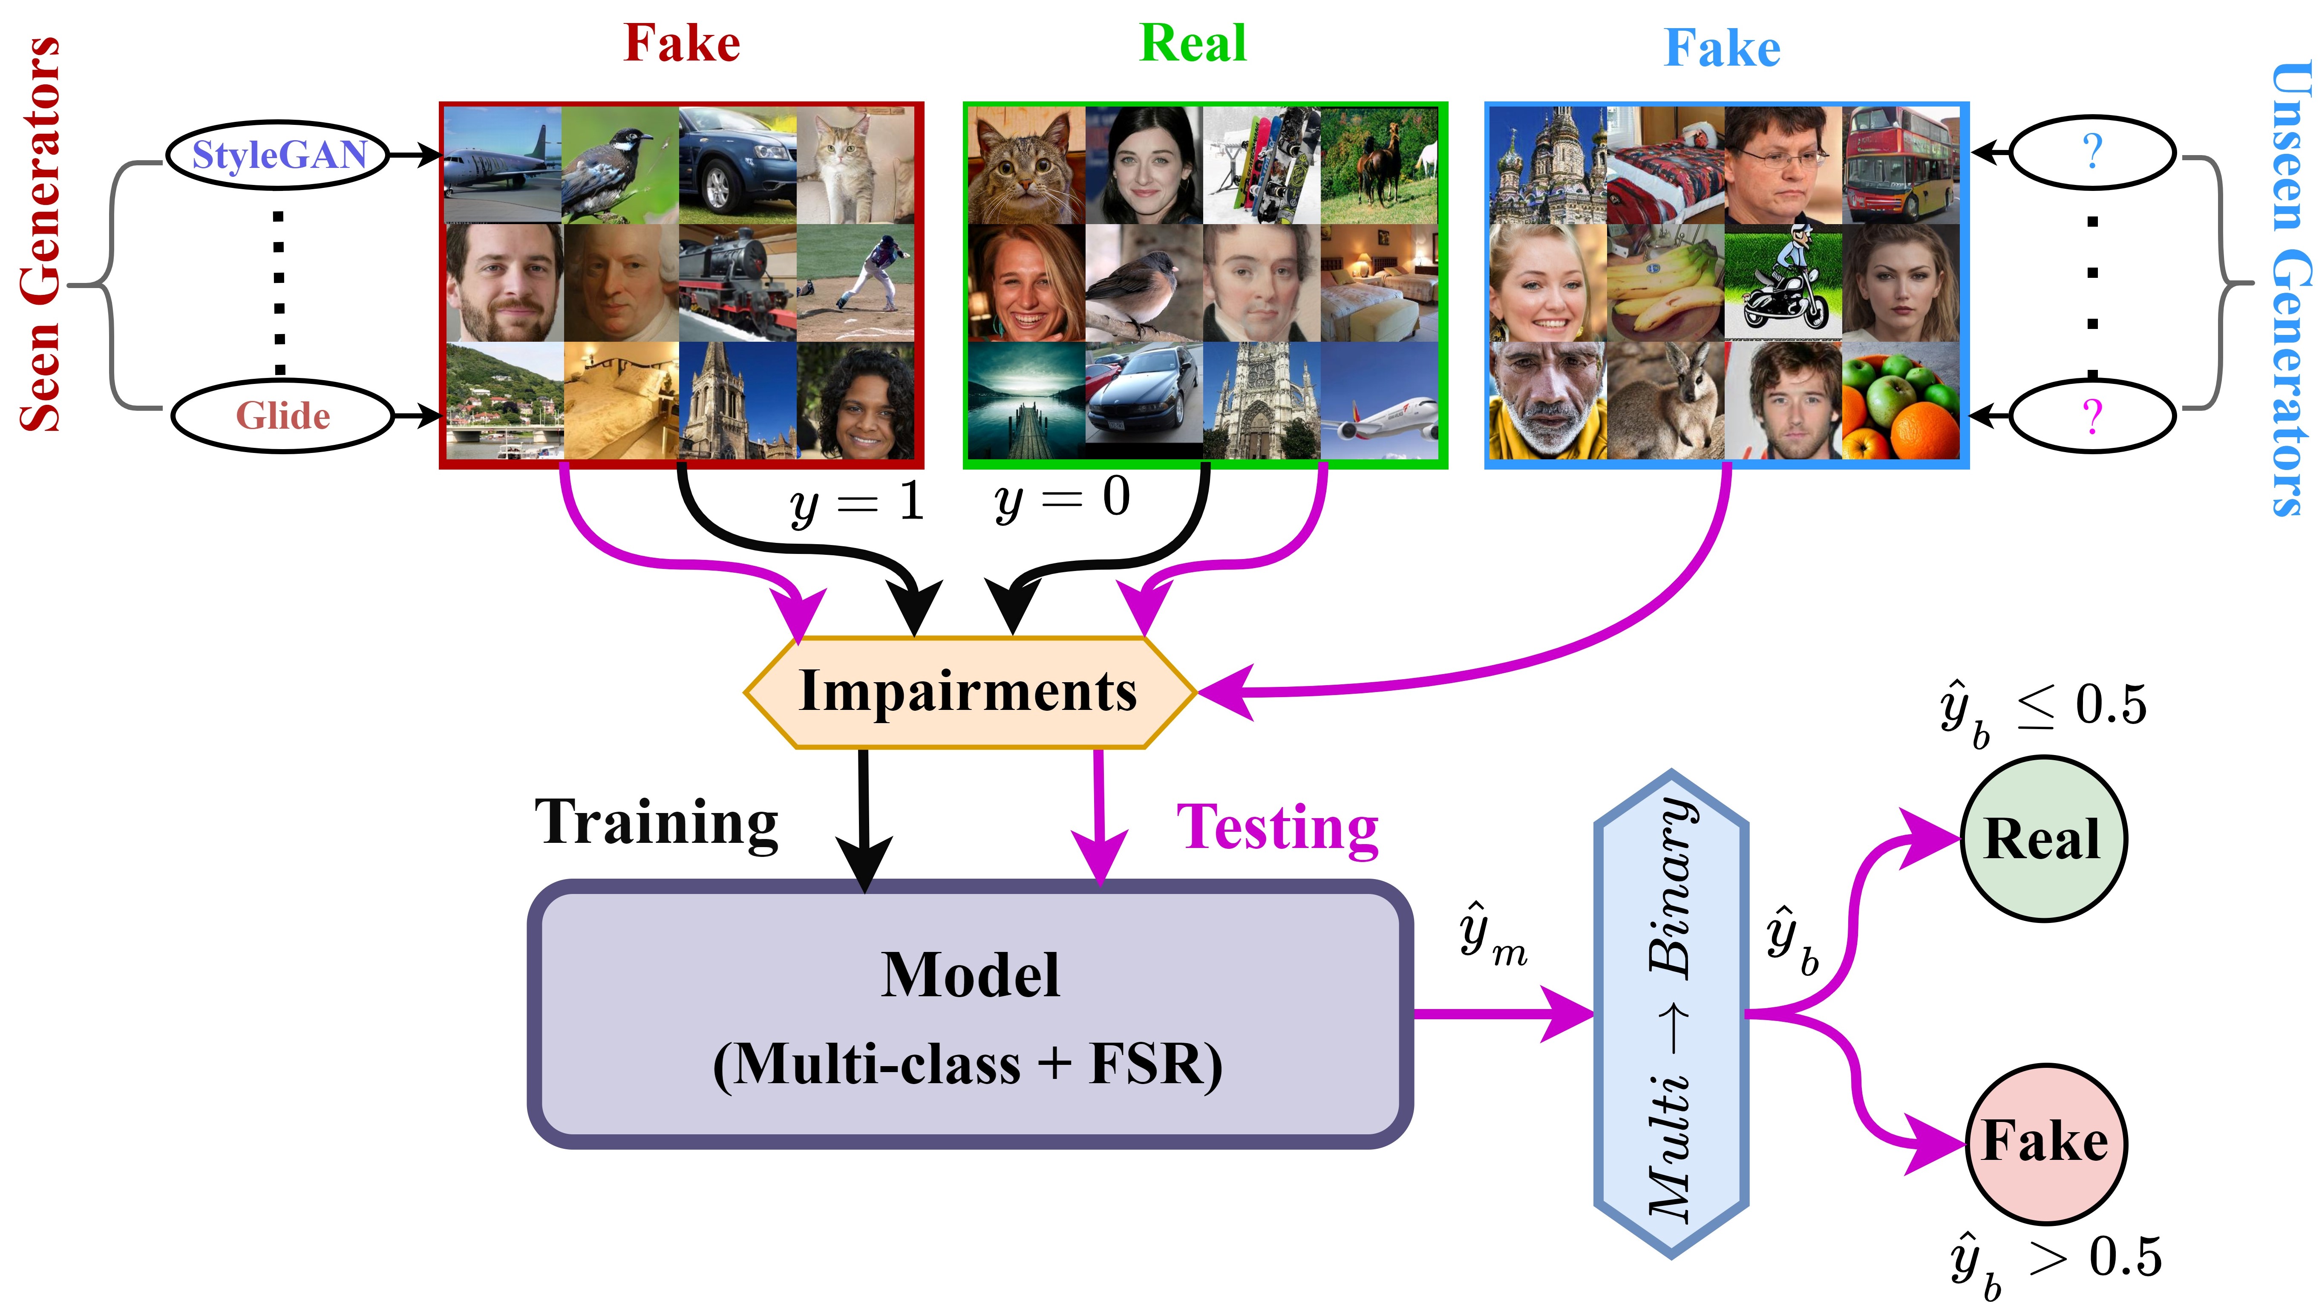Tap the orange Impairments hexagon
click(968, 691)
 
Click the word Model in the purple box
click(970, 975)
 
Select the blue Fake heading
click(1722, 48)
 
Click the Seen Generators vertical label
click(40, 234)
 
